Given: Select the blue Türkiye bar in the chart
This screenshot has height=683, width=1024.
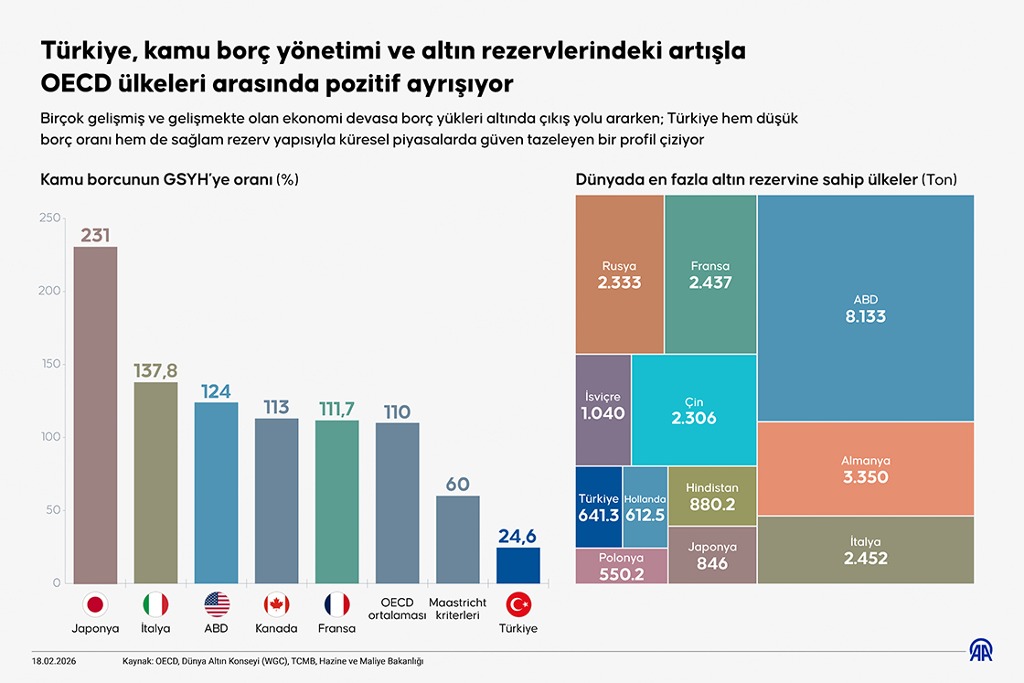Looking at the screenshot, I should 518,565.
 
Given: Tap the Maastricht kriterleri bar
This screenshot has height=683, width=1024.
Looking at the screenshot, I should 458,539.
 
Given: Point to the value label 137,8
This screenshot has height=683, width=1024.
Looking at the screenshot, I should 155,370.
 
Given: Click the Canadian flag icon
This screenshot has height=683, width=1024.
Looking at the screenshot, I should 276,604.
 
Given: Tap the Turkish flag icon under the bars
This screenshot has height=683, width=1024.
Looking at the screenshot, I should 518,604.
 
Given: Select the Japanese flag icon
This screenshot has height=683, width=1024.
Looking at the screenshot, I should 95,604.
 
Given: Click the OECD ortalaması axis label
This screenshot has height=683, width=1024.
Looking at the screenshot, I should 398,608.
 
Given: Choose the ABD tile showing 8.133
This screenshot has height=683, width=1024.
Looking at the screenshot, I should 865,307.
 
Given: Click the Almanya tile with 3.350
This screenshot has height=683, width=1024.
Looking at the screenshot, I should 865,468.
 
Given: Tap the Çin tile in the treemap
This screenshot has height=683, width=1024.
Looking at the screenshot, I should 693,410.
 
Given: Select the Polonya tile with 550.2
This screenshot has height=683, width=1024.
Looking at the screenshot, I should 622,566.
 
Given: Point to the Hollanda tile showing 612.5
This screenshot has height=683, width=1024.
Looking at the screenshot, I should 645,507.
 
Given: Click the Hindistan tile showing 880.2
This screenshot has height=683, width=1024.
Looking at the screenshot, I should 712,496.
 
